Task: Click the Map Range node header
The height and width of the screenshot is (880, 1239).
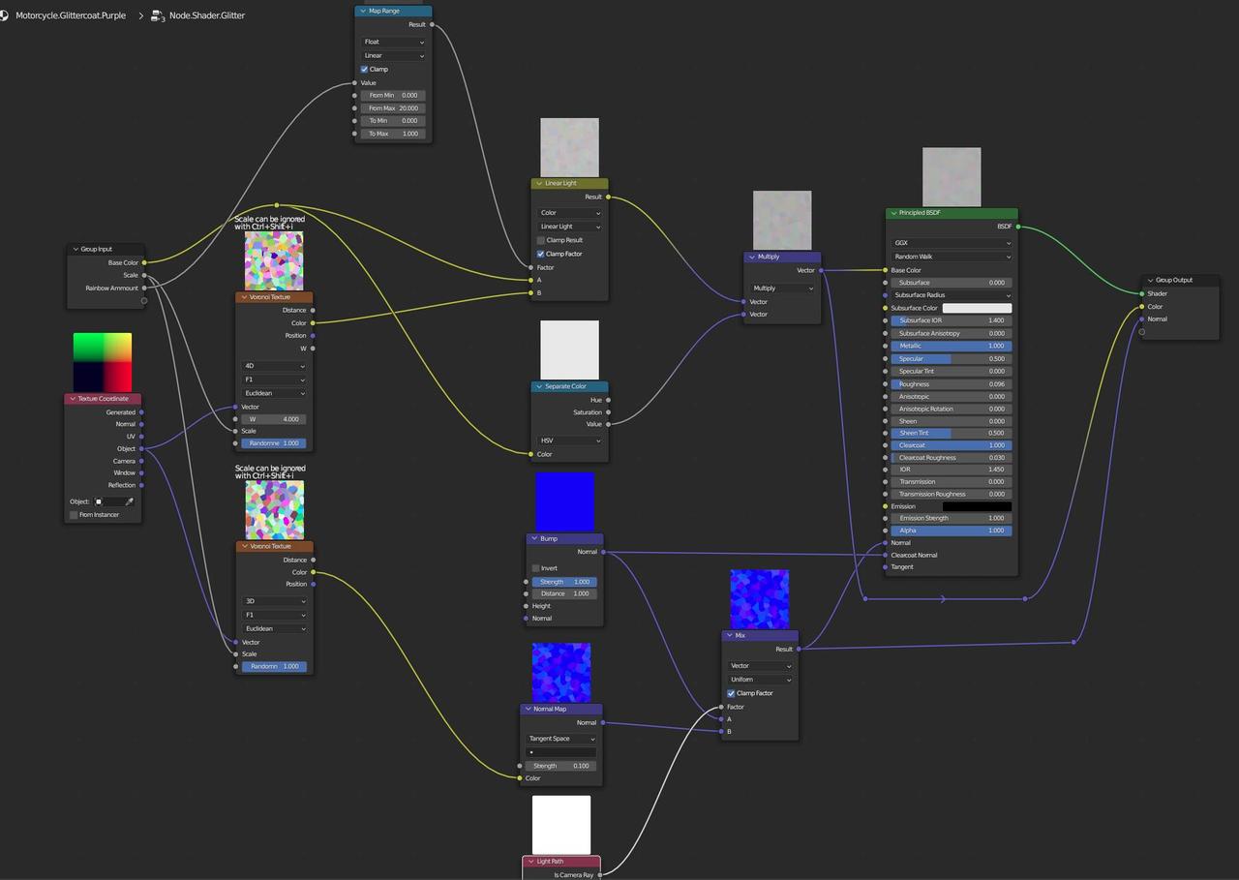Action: click(393, 11)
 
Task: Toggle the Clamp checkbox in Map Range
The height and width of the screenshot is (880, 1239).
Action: click(365, 70)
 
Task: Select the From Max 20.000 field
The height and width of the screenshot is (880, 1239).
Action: click(393, 108)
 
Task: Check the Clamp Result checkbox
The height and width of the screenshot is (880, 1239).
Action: click(541, 240)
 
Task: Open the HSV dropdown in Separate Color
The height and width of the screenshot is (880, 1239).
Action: click(570, 440)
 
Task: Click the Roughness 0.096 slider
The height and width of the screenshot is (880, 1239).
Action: click(951, 384)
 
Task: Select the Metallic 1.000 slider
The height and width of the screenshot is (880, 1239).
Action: click(951, 346)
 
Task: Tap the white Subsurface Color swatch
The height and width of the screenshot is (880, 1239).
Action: click(977, 308)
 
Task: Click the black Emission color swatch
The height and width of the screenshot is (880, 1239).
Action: click(977, 506)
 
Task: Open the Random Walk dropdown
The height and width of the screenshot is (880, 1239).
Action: click(951, 257)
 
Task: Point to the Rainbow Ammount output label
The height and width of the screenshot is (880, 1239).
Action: click(112, 288)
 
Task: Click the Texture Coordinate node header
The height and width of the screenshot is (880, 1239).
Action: click(103, 399)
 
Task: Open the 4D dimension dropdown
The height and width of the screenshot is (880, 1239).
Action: click(274, 366)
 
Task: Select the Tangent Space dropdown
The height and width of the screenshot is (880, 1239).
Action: click(561, 739)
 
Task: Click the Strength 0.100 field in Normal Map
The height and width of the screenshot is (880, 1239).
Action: click(561, 766)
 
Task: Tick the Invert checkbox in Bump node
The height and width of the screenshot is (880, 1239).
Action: click(535, 568)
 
